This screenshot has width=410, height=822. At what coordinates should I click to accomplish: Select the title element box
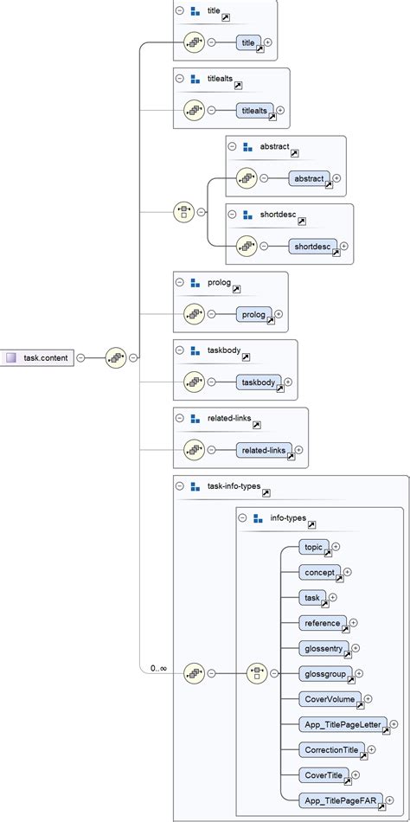coord(249,42)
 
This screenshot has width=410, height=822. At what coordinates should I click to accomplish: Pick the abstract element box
coord(309,178)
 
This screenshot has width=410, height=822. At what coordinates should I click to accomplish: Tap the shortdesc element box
coord(313,247)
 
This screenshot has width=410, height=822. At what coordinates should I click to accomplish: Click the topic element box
coord(313,547)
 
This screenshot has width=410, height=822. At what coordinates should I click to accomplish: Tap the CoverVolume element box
coord(330,698)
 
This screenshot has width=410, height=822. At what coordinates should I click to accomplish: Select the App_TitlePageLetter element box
coord(343,723)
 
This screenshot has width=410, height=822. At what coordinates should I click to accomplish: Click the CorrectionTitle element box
coord(331,749)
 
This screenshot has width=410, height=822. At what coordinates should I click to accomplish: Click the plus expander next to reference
coord(353,622)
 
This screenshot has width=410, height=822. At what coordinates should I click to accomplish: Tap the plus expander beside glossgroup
coord(358,672)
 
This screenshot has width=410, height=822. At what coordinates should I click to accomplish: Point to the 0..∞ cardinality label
coord(157,668)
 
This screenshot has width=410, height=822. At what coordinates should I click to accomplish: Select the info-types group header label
coord(289,518)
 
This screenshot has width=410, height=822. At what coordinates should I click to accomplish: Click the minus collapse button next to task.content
coord(80,356)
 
